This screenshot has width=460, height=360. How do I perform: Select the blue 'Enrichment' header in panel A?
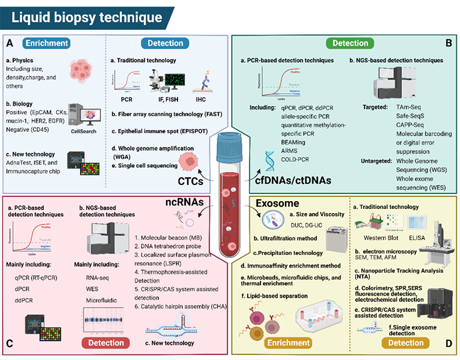tap(47, 43)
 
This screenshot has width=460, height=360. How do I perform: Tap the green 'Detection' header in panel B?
tap(350, 43)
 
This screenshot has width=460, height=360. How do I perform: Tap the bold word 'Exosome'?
tap(277, 204)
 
